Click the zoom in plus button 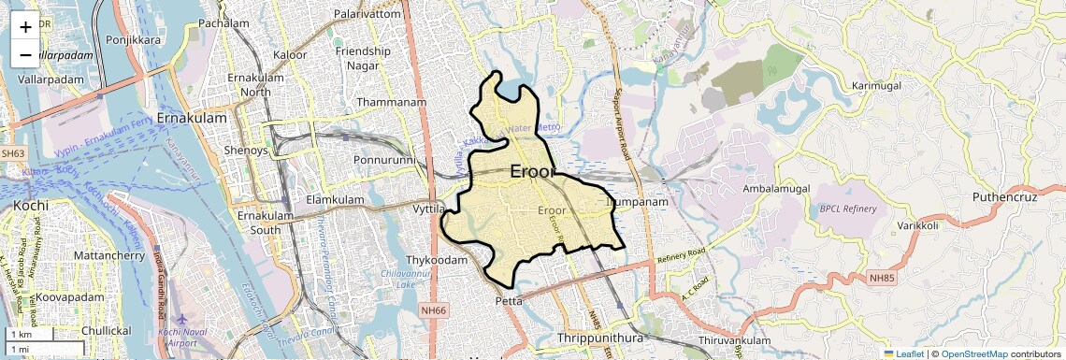tap(25, 27)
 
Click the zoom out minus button tap(25, 55)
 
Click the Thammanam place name tap(386, 102)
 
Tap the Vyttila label tap(428, 209)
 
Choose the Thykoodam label tap(436, 260)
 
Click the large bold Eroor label tap(533, 172)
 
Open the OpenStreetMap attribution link tap(973, 353)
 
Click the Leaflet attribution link tap(903, 353)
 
